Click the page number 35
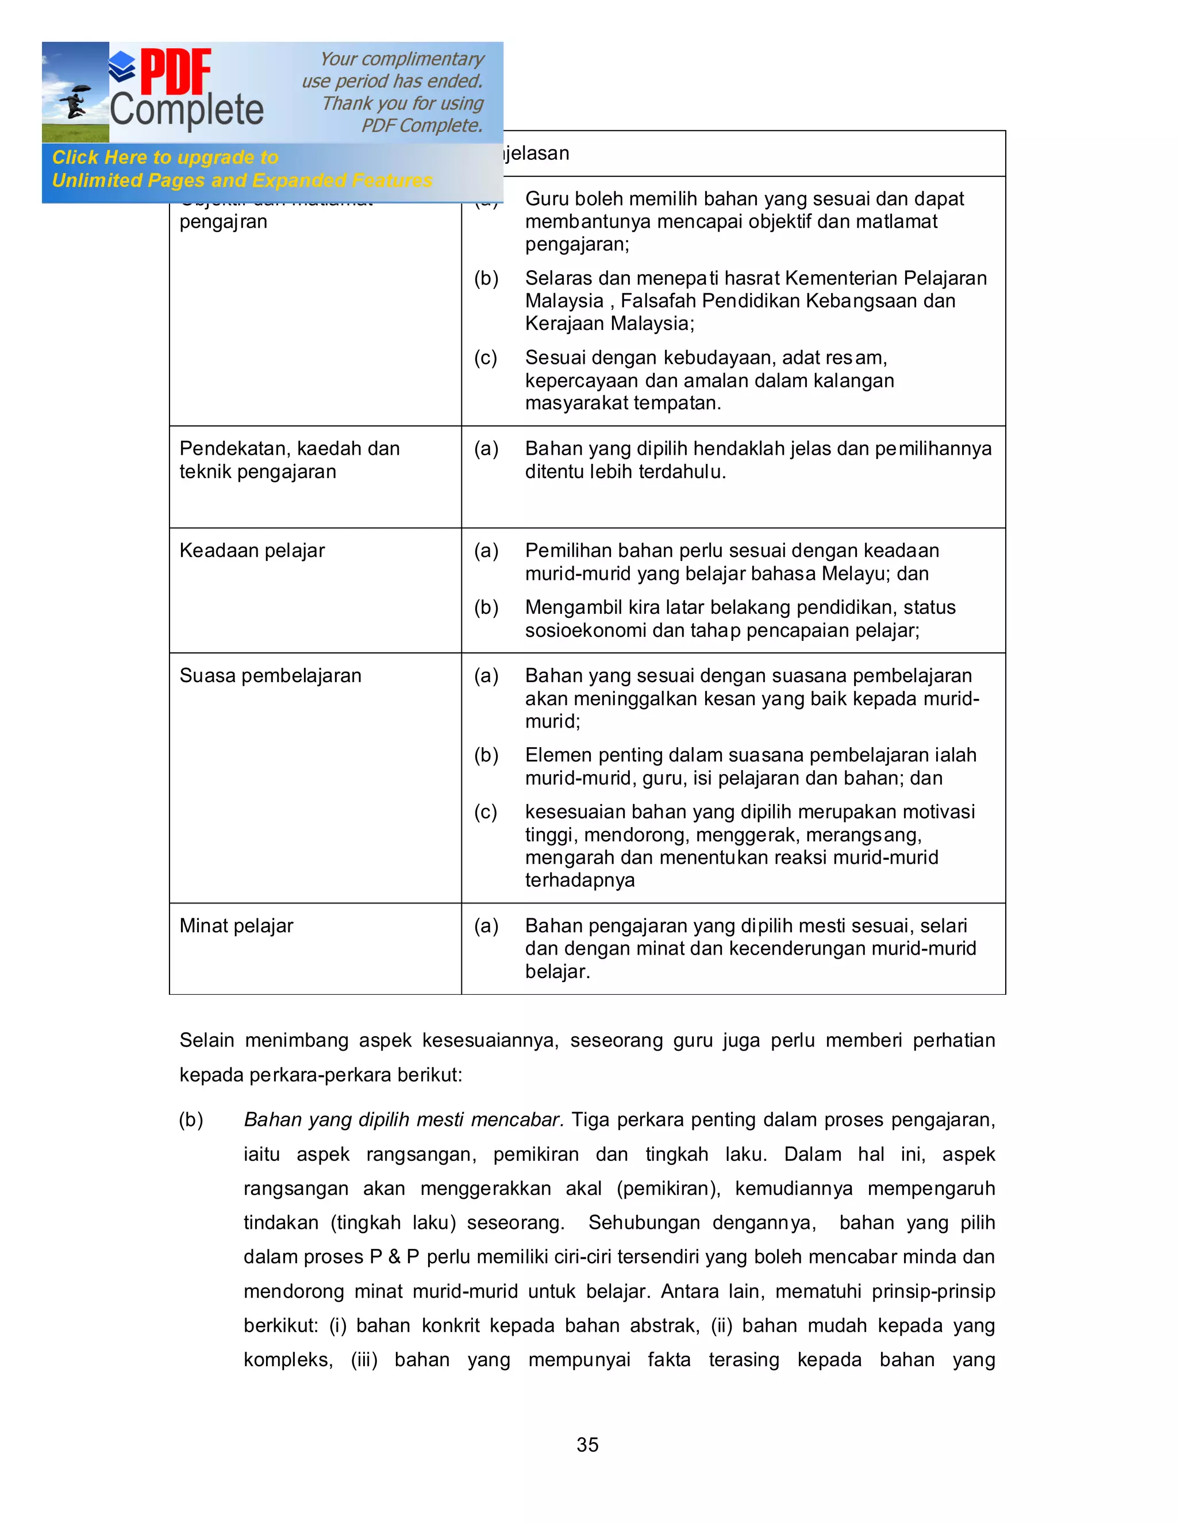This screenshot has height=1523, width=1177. click(587, 1444)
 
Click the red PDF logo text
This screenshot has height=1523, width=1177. click(176, 72)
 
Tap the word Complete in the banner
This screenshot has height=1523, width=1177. click(187, 110)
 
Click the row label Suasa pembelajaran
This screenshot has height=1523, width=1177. click(270, 675)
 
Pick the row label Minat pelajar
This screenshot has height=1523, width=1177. click(236, 925)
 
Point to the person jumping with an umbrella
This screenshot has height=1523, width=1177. click(75, 102)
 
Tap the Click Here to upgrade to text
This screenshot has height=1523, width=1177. click(166, 157)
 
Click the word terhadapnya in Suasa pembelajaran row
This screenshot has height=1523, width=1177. click(579, 880)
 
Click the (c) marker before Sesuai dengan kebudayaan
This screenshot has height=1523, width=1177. click(486, 357)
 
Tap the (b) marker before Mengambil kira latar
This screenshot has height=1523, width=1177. click(486, 607)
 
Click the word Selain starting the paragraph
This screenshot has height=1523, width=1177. click(206, 1040)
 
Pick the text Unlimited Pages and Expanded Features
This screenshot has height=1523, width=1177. click(242, 180)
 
